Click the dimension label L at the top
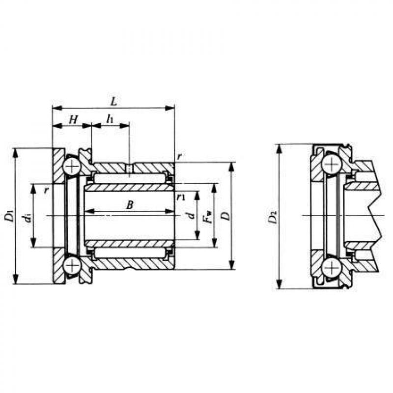(113, 102)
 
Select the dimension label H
(73, 120)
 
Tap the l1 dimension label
(110, 119)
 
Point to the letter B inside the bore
(130, 205)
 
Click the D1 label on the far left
(10, 216)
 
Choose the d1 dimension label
(28, 218)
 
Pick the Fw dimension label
(208, 217)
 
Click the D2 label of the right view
(272, 217)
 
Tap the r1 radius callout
(180, 197)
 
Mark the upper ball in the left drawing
(72, 166)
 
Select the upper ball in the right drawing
(332, 165)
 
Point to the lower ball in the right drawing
(332, 268)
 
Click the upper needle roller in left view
(130, 178)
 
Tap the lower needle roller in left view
(130, 253)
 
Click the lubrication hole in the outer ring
(129, 168)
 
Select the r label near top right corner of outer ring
(179, 157)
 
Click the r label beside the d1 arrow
(46, 191)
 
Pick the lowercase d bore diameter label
(191, 216)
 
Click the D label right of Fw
(226, 216)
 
